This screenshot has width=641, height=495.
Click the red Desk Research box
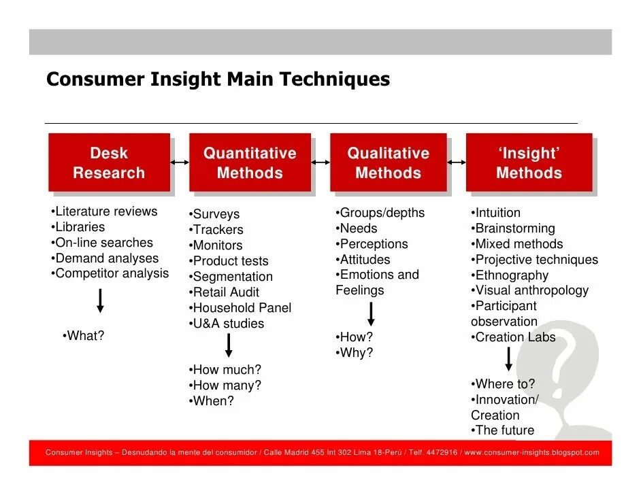[x=109, y=163]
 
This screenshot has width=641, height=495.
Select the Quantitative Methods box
[x=250, y=163]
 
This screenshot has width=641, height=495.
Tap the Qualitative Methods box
[x=388, y=163]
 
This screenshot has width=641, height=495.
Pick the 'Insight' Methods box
[x=529, y=163]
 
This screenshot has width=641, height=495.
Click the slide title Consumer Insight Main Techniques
[x=218, y=80]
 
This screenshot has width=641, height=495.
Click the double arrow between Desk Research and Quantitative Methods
[x=180, y=163]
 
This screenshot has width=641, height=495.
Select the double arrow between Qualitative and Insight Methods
[x=457, y=163]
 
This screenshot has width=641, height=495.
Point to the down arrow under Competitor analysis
[x=100, y=300]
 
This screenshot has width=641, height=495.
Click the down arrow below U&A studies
[x=229, y=345]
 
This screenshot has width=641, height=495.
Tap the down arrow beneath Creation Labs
[x=508, y=359]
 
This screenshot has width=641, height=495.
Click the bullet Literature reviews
[x=104, y=211]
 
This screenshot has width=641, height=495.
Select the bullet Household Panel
[x=240, y=308]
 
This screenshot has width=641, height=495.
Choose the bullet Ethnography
[x=510, y=275]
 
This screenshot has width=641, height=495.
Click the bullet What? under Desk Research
[x=83, y=336]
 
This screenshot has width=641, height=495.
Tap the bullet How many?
[x=225, y=386]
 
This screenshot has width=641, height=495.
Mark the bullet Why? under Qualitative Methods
[x=355, y=353]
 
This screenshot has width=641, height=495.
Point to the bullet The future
[x=503, y=430]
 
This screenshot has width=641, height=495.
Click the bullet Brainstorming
[x=513, y=228]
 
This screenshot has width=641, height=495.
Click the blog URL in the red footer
[x=531, y=453]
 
